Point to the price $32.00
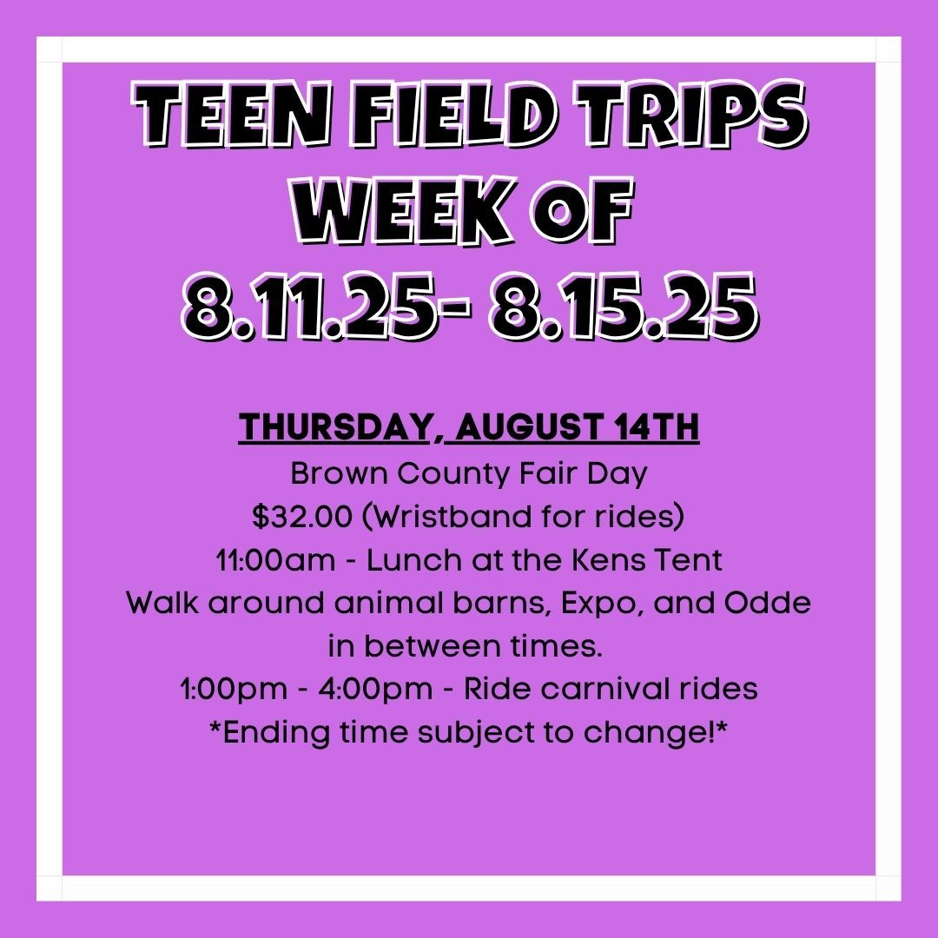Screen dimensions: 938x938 [x=302, y=516]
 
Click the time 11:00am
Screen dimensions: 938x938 [x=276, y=560]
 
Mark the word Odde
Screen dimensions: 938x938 [x=768, y=603]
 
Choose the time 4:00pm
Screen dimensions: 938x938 [x=375, y=689]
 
